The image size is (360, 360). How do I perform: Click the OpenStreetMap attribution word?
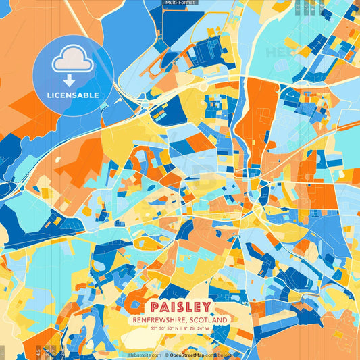pyautogui.click(x=188, y=355)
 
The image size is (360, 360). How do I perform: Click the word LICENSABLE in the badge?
pyautogui.click(x=73, y=95)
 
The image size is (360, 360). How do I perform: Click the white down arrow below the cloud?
pyautogui.click(x=70, y=80)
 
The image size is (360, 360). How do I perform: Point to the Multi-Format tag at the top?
pyautogui.click(x=180, y=3)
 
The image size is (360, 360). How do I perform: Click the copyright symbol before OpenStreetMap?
pyautogui.click(x=166, y=355)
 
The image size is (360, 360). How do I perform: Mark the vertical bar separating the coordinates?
pyautogui.click(x=179, y=328)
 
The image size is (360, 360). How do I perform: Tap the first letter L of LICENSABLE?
pyautogui.click(x=49, y=95)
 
